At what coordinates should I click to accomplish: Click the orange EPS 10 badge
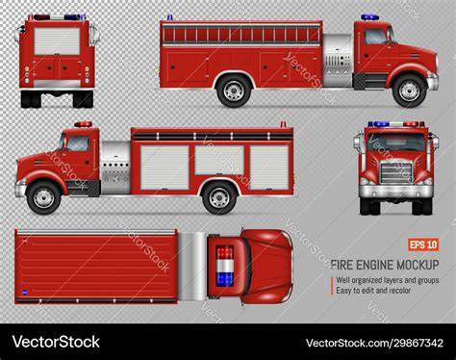tap(423, 245)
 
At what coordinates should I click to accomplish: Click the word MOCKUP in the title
tap(418, 265)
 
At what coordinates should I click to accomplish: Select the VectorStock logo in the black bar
tap(56, 342)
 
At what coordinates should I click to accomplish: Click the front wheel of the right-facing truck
tap(410, 90)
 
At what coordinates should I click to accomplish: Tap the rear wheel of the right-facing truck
tap(234, 90)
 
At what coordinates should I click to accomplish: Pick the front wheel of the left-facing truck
tap(43, 197)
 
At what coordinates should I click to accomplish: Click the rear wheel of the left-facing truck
tap(219, 197)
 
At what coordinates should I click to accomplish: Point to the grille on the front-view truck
tap(396, 173)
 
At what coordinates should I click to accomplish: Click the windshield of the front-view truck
tap(396, 142)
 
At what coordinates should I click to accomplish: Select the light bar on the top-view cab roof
tap(224, 266)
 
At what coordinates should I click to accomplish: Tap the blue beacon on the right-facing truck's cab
tap(369, 17)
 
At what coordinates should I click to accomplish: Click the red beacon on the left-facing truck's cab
tap(83, 124)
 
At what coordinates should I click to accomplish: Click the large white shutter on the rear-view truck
tap(57, 41)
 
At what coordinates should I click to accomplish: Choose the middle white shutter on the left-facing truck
tap(219, 160)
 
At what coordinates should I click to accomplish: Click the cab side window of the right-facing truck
tap(375, 37)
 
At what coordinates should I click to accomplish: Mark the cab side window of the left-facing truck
tap(78, 143)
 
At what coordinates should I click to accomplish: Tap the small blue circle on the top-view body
tap(25, 293)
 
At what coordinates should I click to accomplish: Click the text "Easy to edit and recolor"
tap(373, 291)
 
